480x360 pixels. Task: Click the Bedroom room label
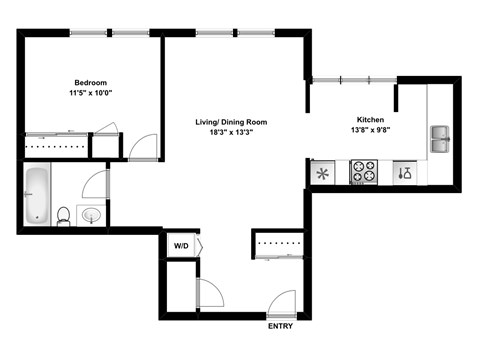pyautogui.click(x=90, y=82)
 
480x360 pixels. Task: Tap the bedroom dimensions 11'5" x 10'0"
pyautogui.click(x=90, y=93)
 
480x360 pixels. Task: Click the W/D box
pyautogui.click(x=181, y=245)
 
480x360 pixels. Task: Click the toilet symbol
pyautogui.click(x=63, y=215)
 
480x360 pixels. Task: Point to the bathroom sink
pyautogui.click(x=91, y=215)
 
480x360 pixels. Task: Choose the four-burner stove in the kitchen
pyautogui.click(x=363, y=173)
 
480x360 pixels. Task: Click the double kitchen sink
pyautogui.click(x=440, y=139)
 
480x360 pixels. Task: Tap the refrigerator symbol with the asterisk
pyautogui.click(x=324, y=174)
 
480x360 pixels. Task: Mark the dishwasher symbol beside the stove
pyautogui.click(x=403, y=173)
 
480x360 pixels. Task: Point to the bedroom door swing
pyautogui.click(x=142, y=147)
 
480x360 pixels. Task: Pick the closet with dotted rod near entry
pyautogui.click(x=277, y=242)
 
